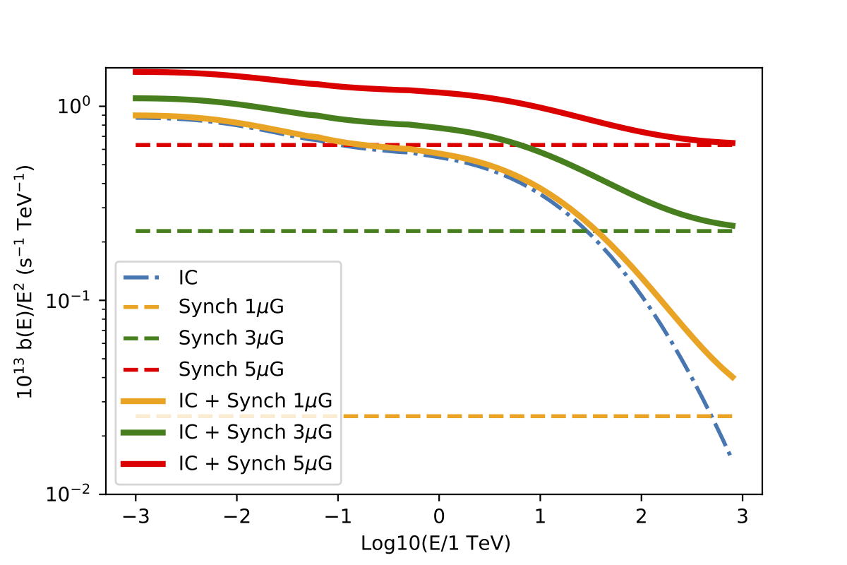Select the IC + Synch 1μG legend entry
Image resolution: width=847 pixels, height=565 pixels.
click(255, 400)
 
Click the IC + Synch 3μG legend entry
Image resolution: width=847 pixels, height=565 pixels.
click(255, 432)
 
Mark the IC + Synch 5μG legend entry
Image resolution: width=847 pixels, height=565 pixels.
click(255, 463)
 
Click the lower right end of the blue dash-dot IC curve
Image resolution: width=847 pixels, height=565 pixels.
click(730, 454)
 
